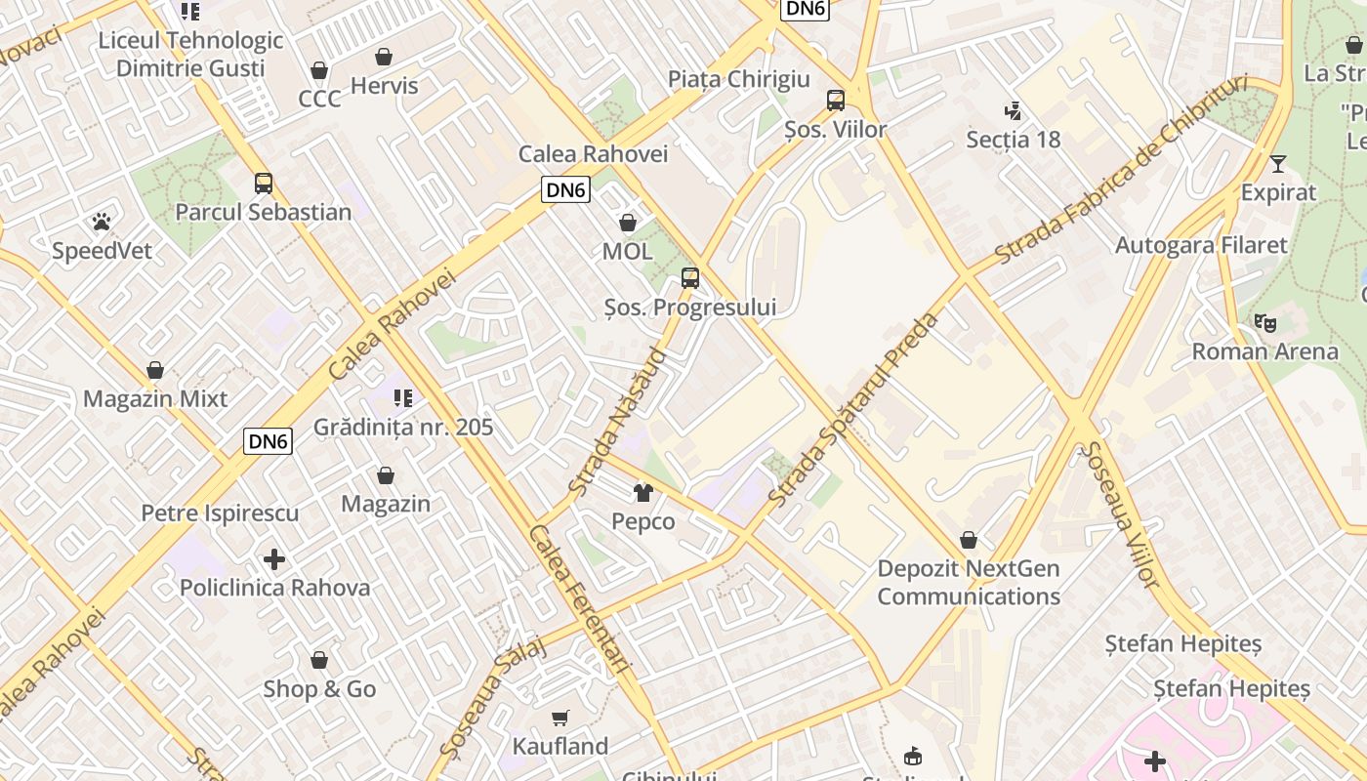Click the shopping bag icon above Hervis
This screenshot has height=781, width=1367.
(384, 57)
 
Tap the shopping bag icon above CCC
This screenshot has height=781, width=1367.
(318, 70)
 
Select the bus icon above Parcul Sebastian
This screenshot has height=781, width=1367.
(263, 183)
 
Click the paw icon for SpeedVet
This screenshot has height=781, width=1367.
(102, 222)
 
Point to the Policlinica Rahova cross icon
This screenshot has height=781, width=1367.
(274, 559)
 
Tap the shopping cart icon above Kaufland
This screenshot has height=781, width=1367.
(559, 719)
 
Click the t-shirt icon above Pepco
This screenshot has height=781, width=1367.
(642, 492)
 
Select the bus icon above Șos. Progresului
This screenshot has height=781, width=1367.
(690, 278)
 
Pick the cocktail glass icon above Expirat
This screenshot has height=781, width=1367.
(1277, 163)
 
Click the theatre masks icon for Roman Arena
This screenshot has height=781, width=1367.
(1264, 322)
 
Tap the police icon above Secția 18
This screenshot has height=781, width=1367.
(1013, 110)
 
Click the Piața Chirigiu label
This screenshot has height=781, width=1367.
(739, 79)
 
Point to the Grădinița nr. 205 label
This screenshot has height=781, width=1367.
(403, 428)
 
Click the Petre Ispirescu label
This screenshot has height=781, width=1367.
(220, 514)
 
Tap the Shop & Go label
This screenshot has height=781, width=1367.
(319, 689)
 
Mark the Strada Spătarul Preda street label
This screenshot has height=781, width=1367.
(853, 410)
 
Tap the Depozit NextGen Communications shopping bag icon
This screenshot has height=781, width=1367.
(969, 540)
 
